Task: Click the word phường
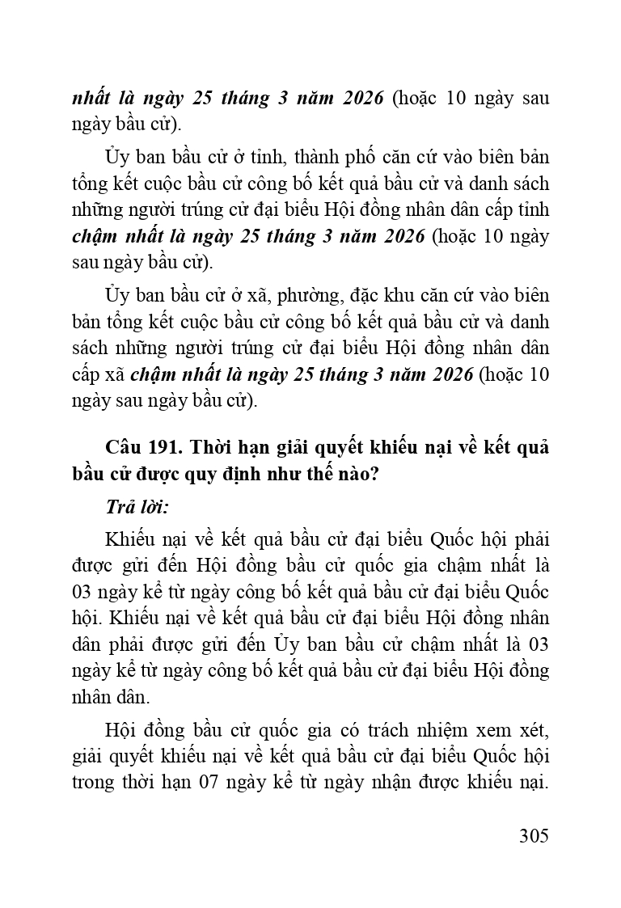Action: click(296, 294)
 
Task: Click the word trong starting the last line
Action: click(95, 784)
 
